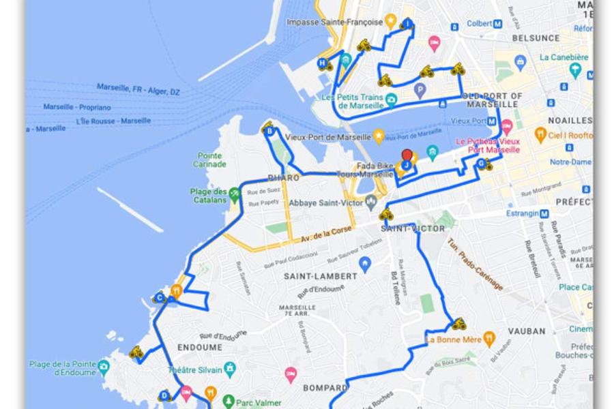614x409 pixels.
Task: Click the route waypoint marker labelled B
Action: [x=270, y=131]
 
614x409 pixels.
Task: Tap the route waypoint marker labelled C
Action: [x=160, y=297]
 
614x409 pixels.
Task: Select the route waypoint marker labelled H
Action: [x=321, y=63]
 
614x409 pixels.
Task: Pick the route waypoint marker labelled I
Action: [x=408, y=24]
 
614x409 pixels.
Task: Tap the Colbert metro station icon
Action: [x=497, y=23]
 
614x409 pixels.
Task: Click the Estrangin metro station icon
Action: [x=544, y=213]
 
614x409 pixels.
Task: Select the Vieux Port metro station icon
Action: [x=492, y=121]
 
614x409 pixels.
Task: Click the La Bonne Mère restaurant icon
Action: [x=488, y=338]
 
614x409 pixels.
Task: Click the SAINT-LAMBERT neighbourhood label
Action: [x=321, y=276]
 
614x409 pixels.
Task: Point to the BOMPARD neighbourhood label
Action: [x=325, y=388]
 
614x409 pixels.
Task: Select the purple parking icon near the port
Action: [x=420, y=89]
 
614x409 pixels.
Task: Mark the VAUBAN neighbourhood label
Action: [x=527, y=331]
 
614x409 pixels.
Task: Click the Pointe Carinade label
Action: [x=209, y=160]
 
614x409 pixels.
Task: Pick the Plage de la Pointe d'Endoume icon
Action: [x=103, y=368]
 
